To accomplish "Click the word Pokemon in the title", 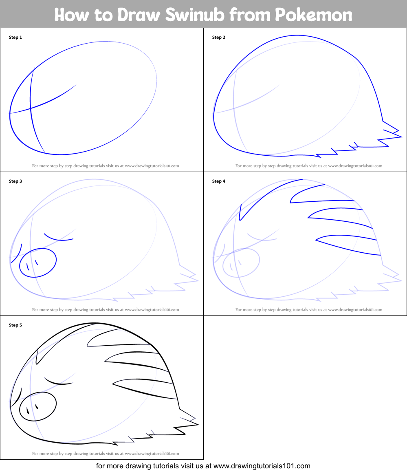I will coord(313,15).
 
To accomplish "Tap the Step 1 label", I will coord(15,37).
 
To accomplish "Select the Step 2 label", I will coord(219,37).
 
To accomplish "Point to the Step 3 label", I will coord(15,181).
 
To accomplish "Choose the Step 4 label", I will coord(219,181).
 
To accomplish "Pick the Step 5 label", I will coord(15,325).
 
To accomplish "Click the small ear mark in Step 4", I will coord(241,212).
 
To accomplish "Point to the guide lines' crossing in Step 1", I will coord(31,108).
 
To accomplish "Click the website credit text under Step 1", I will coord(106,166).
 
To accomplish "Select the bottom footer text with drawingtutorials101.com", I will coord(203,466).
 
